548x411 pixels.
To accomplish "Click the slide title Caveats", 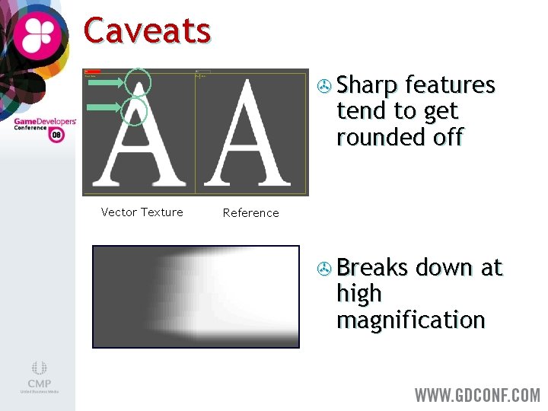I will click(x=147, y=31).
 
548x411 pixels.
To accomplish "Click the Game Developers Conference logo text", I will click(x=44, y=124).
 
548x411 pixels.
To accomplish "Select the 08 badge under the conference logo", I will click(x=56, y=135).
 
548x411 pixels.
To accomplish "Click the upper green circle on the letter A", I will click(x=139, y=81).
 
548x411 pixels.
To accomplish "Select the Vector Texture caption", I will click(x=142, y=212).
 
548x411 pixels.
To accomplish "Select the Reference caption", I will click(x=250, y=213).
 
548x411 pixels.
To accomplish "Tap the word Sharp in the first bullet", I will click(x=368, y=84).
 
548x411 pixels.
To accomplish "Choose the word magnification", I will click(x=410, y=320).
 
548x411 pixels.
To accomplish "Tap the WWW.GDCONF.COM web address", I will click(x=476, y=395).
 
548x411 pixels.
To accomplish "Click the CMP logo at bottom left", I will click(x=39, y=377).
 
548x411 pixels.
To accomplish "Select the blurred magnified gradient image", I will click(x=196, y=296).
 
